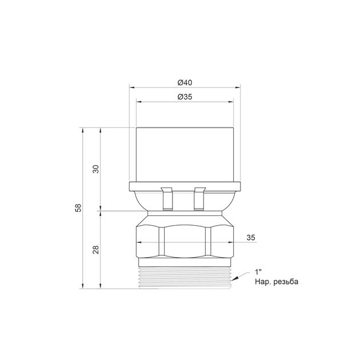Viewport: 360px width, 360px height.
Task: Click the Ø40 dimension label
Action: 185,82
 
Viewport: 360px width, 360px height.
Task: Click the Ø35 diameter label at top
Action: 185,97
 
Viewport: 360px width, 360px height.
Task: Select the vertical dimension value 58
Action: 78,208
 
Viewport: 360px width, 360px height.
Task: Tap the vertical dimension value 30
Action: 96,169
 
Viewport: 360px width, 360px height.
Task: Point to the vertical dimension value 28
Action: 96,250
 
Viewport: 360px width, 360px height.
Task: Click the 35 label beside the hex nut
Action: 251,237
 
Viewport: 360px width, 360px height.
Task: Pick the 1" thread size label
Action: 258,273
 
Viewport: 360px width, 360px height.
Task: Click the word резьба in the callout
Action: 286,282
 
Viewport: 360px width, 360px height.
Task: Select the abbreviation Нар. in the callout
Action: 263,282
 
